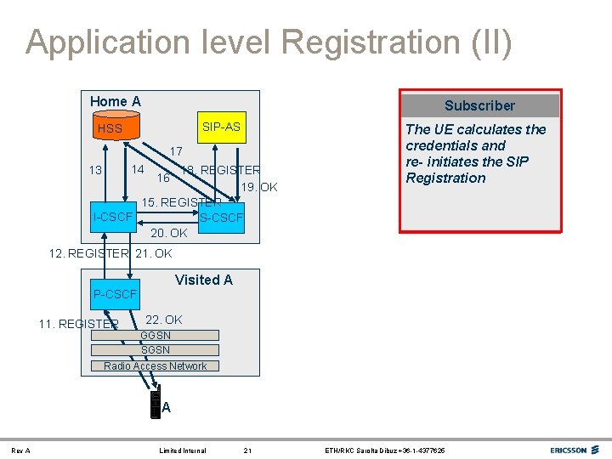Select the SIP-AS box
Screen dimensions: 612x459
tap(221, 127)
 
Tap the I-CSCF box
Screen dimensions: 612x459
tap(114, 218)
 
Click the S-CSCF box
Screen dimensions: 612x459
tap(221, 218)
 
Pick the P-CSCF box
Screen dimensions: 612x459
tap(116, 294)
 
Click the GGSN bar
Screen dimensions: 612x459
tap(156, 335)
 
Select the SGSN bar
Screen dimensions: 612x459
tap(156, 349)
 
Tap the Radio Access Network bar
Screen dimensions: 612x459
tap(156, 365)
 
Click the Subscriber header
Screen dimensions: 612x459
tap(479, 105)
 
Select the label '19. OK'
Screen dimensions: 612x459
tap(259, 187)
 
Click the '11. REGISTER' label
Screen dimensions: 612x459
tap(78, 324)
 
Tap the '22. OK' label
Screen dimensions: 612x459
tap(164, 320)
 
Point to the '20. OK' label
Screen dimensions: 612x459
tap(168, 233)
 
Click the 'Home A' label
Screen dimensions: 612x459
tap(116, 101)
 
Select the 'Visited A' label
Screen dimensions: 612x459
tap(203, 280)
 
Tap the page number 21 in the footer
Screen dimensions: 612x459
tap(247, 450)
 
